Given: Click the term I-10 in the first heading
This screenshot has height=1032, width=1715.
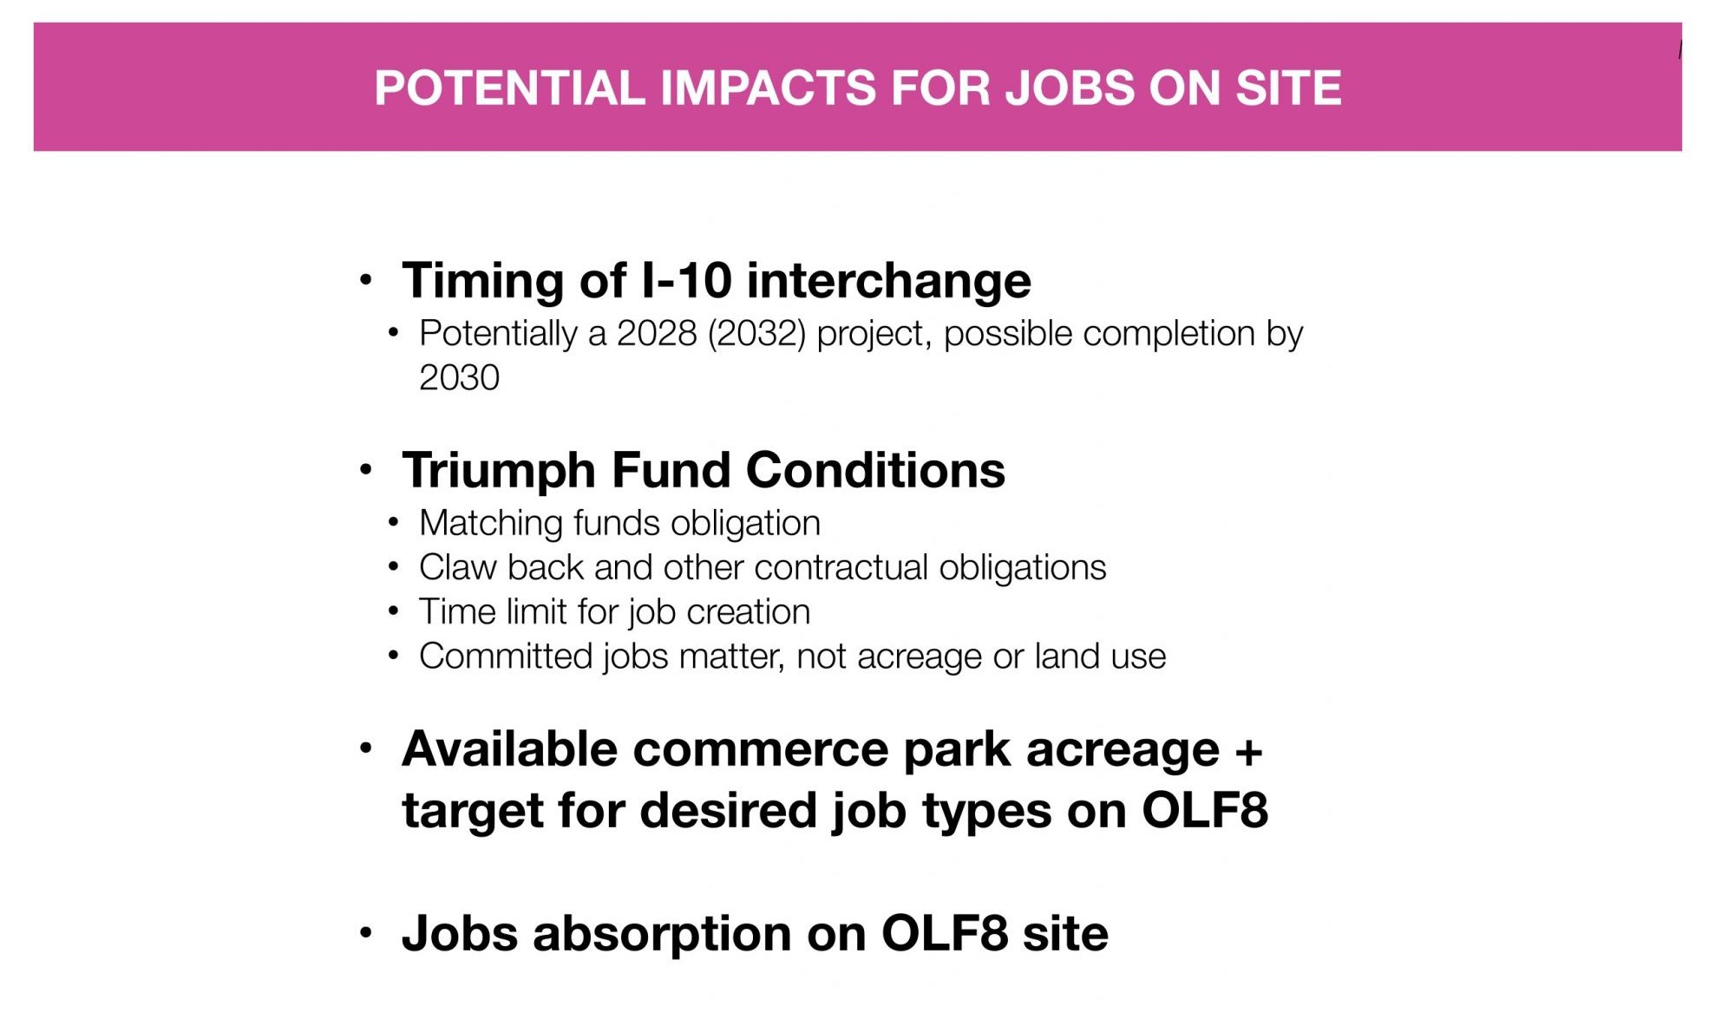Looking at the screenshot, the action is click(x=685, y=280).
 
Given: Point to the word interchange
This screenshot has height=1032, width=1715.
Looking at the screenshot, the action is click(x=888, y=281).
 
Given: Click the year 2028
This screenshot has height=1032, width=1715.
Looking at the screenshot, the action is click(x=657, y=334).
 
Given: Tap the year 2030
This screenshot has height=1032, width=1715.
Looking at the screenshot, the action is click(x=459, y=378).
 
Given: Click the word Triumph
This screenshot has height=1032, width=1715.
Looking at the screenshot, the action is click(x=499, y=471).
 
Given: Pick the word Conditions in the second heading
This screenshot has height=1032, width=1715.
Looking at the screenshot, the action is click(x=875, y=470).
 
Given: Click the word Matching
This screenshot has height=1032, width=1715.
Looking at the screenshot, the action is click(x=491, y=524).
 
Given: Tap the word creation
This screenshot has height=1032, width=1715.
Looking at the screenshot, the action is click(x=748, y=612).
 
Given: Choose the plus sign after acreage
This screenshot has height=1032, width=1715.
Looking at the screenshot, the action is click(x=1249, y=751).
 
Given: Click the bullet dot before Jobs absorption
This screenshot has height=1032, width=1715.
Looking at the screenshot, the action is click(x=366, y=933).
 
